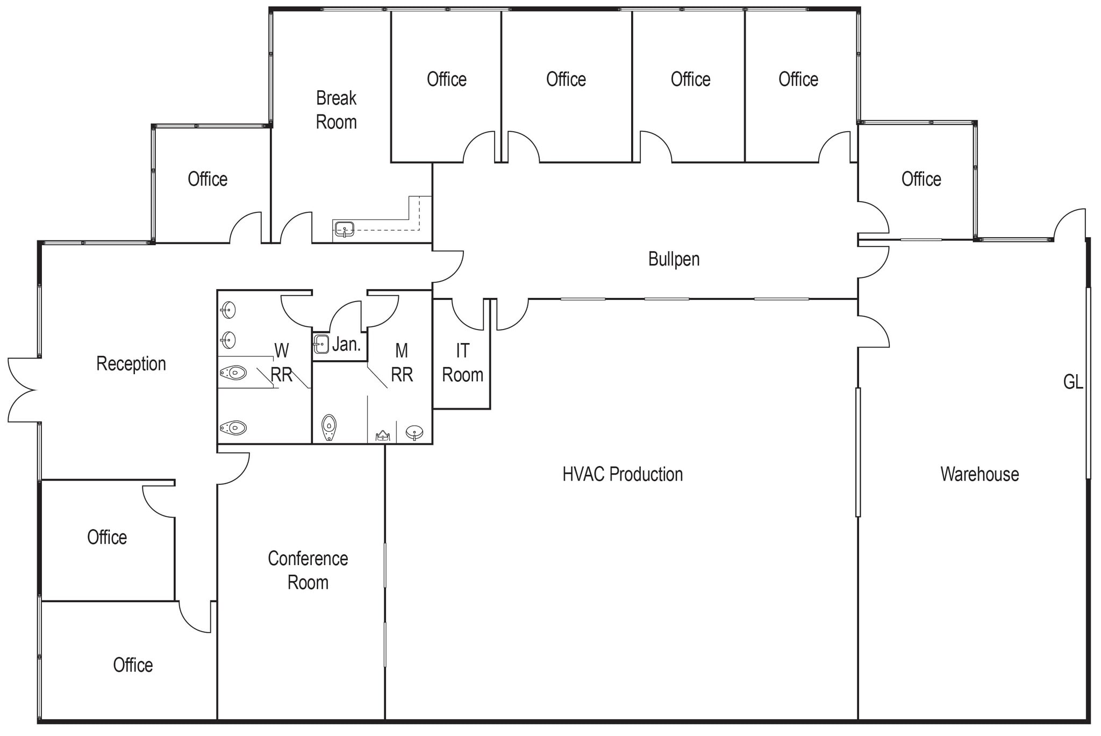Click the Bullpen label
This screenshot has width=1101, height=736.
674,259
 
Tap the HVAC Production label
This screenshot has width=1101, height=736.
623,474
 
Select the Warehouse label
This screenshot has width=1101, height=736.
980,474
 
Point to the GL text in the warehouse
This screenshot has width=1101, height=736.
1073,382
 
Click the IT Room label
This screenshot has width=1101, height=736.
462,363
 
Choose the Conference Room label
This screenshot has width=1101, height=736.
308,570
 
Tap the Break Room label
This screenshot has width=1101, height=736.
336,110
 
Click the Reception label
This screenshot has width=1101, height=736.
131,364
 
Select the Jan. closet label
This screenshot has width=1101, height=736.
346,345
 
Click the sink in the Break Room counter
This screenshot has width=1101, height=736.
344,230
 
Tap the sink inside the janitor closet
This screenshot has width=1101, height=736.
321,344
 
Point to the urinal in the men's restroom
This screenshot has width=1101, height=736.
328,428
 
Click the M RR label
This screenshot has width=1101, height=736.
402,363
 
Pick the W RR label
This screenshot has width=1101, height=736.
281,363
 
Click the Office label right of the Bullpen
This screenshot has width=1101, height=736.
921,179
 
